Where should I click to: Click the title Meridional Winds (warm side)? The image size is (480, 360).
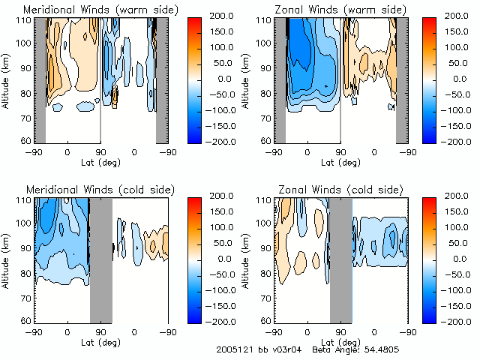[100, 10]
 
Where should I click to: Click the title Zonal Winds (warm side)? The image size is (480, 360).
[340, 10]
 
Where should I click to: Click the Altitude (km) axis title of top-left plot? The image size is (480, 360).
[7, 80]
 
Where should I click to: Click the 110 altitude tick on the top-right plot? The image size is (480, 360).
[263, 20]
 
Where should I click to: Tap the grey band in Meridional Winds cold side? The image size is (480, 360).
[100, 259]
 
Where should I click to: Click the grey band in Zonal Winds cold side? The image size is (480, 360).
[340, 259]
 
